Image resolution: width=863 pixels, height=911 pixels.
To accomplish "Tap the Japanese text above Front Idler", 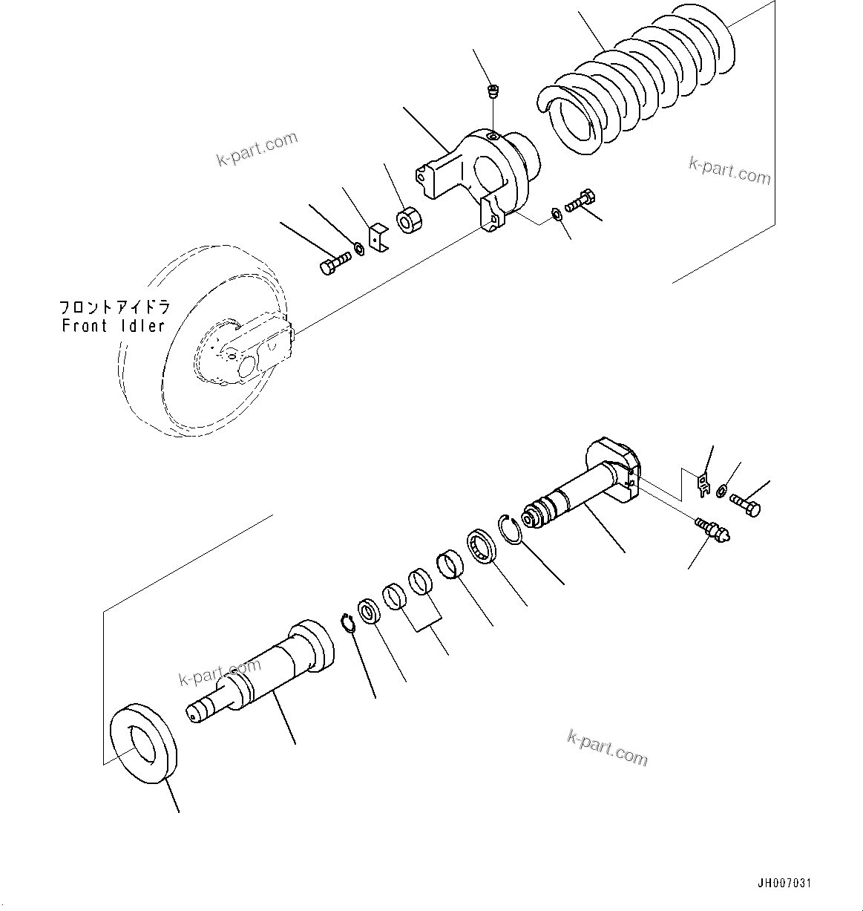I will [x=115, y=307].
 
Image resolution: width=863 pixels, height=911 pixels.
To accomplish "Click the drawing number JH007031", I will [x=784, y=883].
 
